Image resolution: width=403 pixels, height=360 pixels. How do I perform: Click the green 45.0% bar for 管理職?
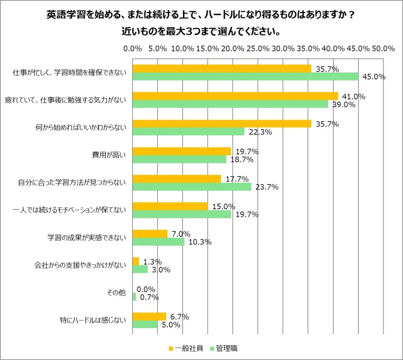(245, 76)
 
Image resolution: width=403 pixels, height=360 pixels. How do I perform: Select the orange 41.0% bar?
(235, 96)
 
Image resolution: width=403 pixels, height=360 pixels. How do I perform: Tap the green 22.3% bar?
(188, 131)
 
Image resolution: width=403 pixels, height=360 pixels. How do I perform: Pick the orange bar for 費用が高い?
(182, 151)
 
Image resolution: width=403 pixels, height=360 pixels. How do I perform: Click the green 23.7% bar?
(192, 187)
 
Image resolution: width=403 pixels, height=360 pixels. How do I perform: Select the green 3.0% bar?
(140, 270)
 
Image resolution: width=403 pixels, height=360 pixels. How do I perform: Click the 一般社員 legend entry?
(185, 348)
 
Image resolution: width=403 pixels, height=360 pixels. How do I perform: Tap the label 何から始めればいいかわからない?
(81, 127)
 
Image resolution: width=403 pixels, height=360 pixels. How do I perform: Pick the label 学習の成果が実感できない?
(87, 238)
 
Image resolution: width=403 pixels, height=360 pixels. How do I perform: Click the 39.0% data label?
(344, 104)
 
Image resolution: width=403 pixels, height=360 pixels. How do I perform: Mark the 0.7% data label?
(149, 297)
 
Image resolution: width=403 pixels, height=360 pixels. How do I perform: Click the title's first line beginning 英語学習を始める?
(201, 15)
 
